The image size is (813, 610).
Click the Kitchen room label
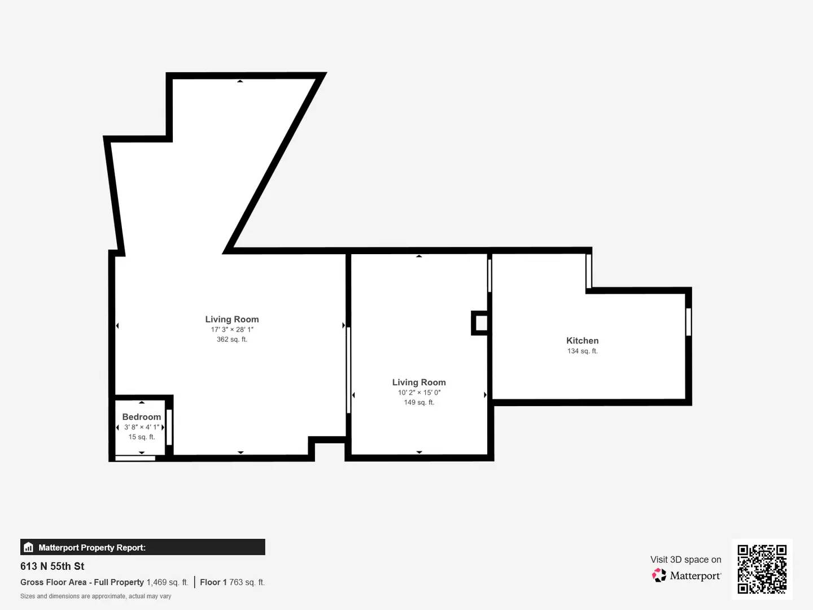(x=582, y=341)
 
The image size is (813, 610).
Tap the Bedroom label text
(x=141, y=417)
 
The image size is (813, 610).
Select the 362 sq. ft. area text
(x=231, y=339)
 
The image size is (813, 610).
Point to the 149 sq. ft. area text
(x=419, y=403)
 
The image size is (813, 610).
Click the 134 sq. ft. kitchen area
(x=582, y=351)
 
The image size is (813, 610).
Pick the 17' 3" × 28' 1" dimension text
(x=232, y=330)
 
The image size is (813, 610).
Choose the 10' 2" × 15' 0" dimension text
(x=419, y=393)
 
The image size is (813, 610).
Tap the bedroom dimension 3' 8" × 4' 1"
(x=141, y=428)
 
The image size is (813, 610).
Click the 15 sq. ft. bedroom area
(x=141, y=437)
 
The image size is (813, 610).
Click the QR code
(x=762, y=569)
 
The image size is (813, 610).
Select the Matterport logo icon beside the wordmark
(x=659, y=576)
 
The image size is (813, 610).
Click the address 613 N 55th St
(x=53, y=567)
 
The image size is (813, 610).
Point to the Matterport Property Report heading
(x=92, y=547)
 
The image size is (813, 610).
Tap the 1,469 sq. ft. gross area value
(x=167, y=582)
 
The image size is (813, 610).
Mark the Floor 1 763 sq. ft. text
(x=232, y=582)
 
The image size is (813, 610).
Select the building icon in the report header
(x=29, y=547)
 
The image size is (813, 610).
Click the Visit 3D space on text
(x=685, y=560)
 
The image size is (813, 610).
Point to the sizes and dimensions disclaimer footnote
(x=95, y=596)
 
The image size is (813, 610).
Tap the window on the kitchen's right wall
(x=688, y=322)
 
